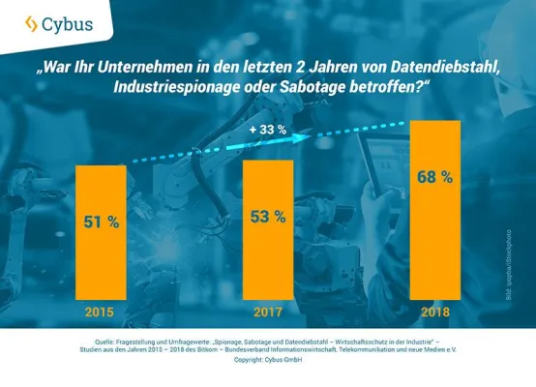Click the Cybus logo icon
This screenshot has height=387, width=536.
click(x=32, y=23)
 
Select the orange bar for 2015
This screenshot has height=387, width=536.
click(x=101, y=232)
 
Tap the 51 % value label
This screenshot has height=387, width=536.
click(x=101, y=222)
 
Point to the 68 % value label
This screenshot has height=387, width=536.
click(x=434, y=176)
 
